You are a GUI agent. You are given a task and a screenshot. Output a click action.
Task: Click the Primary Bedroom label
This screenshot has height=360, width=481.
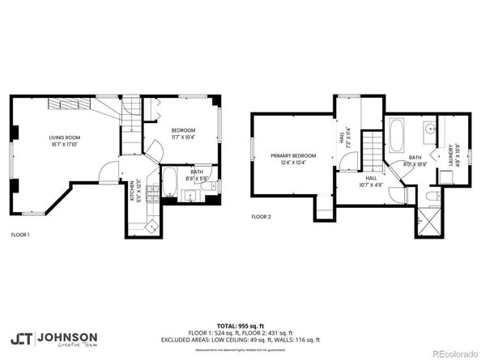[293, 155]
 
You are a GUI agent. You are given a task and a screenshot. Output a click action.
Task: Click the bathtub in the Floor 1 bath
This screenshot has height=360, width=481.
[170, 183]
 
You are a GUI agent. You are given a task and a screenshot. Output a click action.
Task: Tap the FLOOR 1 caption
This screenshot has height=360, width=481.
[20, 234]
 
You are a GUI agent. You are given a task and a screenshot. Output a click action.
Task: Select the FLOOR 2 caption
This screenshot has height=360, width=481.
[261, 217]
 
